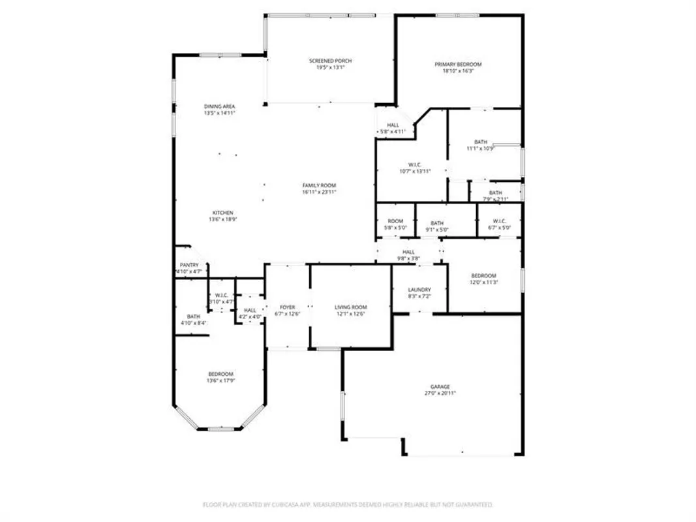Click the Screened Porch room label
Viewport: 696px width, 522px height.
click(x=330, y=61)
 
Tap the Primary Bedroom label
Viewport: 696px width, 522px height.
click(x=458, y=65)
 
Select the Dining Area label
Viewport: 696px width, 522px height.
click(x=219, y=106)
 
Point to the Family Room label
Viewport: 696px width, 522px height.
click(x=319, y=186)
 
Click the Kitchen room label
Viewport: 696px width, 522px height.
click(x=221, y=213)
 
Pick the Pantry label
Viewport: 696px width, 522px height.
click(x=189, y=265)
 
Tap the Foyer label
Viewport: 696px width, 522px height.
click(x=287, y=307)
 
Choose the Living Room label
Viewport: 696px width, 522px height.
click(x=350, y=307)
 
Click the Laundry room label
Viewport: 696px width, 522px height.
click(x=419, y=290)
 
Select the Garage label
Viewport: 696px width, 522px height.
click(x=439, y=387)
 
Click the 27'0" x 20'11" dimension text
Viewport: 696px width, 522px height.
click(x=439, y=393)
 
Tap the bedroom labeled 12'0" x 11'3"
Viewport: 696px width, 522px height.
click(x=483, y=279)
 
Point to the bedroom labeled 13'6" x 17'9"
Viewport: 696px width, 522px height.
click(x=220, y=377)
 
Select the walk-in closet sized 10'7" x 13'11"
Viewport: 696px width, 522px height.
click(x=416, y=168)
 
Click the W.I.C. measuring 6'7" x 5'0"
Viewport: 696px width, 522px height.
click(x=499, y=224)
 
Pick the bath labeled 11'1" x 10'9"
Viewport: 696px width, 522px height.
click(x=481, y=146)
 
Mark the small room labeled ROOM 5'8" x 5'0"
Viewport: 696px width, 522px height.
click(x=395, y=224)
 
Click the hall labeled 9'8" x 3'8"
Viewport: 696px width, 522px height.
click(x=408, y=255)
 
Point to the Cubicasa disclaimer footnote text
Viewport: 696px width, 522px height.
click(x=347, y=504)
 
